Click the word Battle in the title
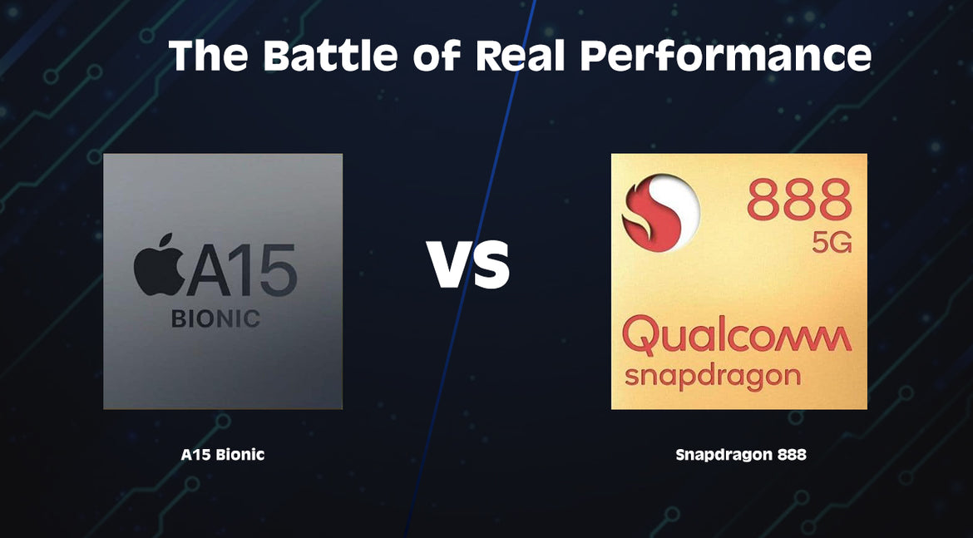(331, 55)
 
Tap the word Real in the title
(520, 55)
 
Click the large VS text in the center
(468, 265)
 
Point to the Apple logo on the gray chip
(159, 265)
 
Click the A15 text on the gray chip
(242, 270)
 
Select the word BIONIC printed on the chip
(215, 318)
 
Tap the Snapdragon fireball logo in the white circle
(651, 213)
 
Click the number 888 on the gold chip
(799, 200)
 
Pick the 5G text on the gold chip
(832, 243)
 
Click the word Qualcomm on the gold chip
(737, 337)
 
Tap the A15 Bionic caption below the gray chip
(223, 455)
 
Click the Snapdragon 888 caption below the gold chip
(741, 455)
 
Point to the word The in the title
(208, 55)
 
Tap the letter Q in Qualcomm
(642, 337)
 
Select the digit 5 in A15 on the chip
(278, 270)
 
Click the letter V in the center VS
(447, 265)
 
